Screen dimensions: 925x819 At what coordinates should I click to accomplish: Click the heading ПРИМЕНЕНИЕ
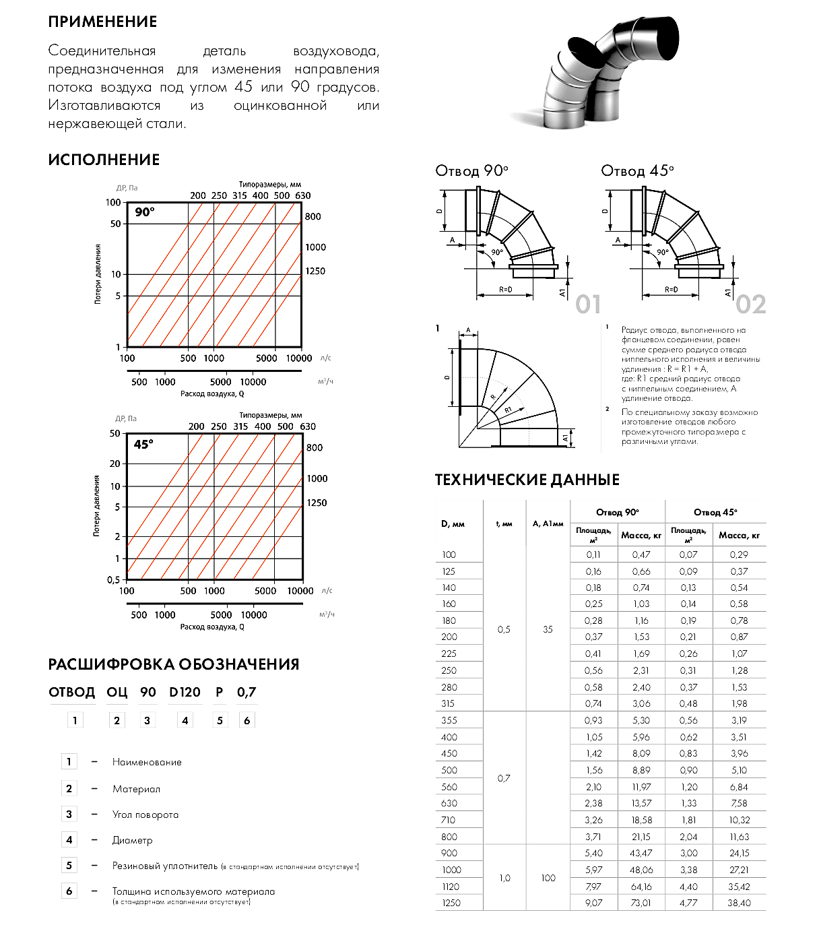102,22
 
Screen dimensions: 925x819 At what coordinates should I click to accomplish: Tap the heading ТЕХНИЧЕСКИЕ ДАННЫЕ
527,480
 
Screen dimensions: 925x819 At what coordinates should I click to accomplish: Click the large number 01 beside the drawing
588,305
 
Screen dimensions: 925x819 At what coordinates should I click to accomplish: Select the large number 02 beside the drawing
750,305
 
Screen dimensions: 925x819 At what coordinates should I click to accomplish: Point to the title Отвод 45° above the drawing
636,171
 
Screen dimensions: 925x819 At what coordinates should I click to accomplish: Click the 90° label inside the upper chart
144,212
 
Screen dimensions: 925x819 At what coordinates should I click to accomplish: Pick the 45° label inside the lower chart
143,445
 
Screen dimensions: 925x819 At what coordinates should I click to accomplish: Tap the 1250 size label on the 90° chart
315,272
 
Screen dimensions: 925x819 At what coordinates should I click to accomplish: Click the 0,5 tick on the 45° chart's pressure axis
113,579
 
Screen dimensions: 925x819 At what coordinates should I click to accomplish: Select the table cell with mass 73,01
641,903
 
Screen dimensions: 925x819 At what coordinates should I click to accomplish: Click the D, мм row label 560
449,787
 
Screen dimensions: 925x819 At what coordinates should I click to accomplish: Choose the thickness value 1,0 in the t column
504,878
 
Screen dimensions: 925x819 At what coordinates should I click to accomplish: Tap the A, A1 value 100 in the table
548,878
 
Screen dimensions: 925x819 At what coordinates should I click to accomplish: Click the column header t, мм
504,523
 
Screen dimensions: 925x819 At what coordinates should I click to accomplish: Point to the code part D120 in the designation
185,693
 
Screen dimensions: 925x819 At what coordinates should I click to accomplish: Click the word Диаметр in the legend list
133,840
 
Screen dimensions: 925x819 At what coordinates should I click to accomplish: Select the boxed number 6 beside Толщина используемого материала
69,891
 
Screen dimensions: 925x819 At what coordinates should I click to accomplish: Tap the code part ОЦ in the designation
117,693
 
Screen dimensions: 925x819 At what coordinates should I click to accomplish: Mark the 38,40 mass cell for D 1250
739,903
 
